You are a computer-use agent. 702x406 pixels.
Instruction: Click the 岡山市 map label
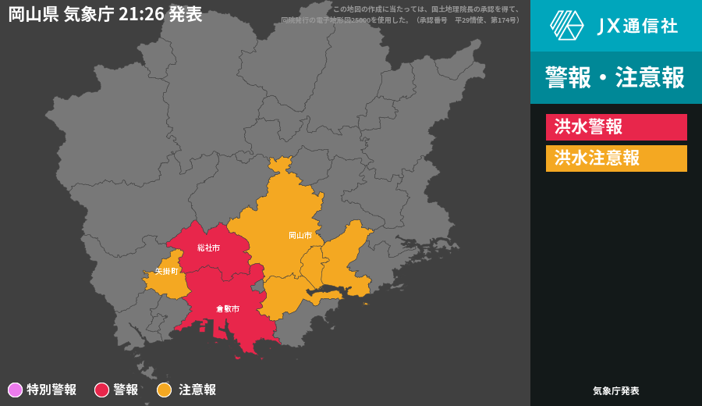[300, 235]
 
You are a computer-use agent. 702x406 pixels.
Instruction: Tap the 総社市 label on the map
[208, 248]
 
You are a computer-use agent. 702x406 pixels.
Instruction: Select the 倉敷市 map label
[228, 308]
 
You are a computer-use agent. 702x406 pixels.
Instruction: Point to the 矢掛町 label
[167, 271]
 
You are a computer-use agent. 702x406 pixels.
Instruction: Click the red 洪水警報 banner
[616, 127]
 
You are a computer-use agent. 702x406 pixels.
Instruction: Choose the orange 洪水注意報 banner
[616, 158]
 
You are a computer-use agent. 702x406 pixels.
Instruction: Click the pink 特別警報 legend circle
[15, 390]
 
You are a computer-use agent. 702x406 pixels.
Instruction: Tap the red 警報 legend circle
[101, 390]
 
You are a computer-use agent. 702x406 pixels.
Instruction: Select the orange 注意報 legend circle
[164, 390]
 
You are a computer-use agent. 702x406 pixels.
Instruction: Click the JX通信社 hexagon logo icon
[567, 25]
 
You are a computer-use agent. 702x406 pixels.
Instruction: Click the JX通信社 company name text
[637, 26]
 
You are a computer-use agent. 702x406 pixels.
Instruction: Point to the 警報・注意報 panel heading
[615, 78]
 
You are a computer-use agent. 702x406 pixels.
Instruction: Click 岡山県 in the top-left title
[34, 14]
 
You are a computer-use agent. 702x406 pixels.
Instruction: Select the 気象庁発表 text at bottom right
[616, 390]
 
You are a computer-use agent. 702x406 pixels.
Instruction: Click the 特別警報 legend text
[51, 390]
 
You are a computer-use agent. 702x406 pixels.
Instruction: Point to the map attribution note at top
[402, 15]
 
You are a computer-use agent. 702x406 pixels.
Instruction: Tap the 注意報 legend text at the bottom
[197, 390]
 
